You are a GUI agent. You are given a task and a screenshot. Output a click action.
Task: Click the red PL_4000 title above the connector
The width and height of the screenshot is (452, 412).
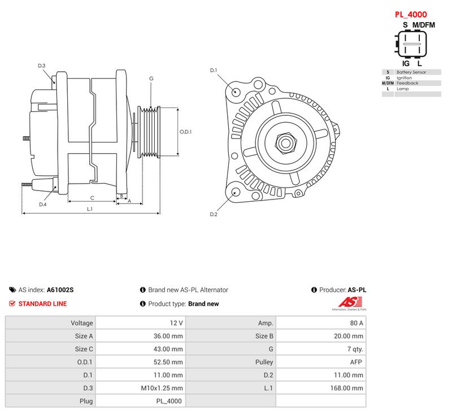click(411, 15)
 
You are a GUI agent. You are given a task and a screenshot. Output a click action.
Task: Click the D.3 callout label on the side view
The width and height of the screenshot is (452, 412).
click(42, 66)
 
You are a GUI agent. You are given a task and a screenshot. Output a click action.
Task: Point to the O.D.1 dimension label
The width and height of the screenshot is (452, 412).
click(186, 132)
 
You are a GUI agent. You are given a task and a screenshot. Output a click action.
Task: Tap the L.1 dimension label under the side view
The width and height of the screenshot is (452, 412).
click(90, 209)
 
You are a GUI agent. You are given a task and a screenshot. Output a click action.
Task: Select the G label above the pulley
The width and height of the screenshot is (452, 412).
click(151, 79)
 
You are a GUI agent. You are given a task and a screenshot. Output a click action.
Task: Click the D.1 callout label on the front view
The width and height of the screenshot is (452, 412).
click(214, 70)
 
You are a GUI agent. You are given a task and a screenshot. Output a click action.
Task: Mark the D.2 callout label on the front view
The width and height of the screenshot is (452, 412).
click(214, 214)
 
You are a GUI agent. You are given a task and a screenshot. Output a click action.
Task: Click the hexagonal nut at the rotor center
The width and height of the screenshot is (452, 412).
click(286, 143)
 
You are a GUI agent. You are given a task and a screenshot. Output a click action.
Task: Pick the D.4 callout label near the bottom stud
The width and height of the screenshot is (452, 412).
click(43, 205)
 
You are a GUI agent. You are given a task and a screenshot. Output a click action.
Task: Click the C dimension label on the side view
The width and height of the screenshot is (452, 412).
click(92, 198)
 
